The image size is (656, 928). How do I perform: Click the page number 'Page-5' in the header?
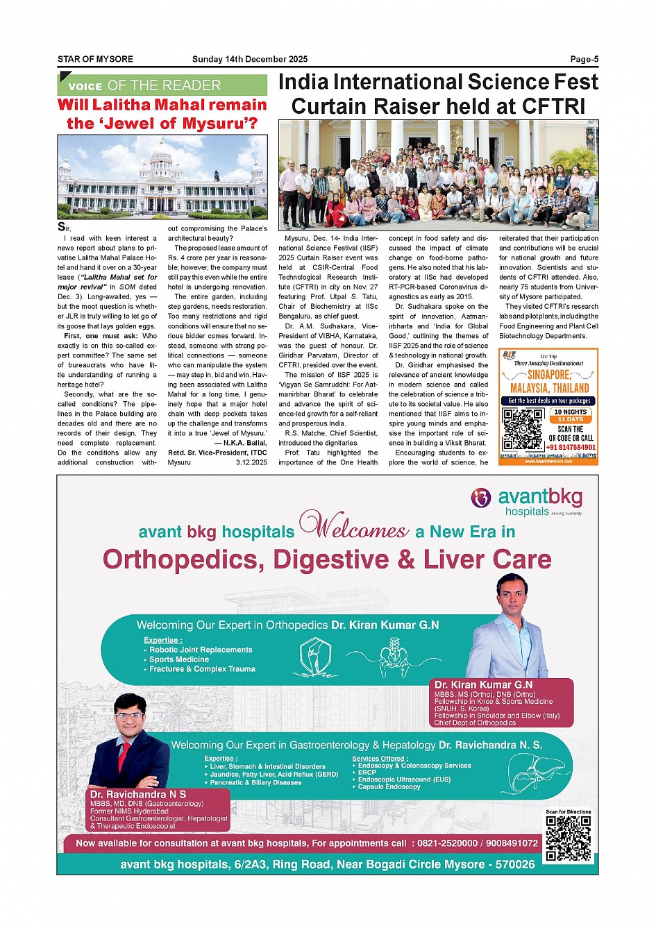click(x=584, y=60)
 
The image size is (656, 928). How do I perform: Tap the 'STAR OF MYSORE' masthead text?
click(x=95, y=60)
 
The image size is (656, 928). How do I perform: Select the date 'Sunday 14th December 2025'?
click(x=250, y=60)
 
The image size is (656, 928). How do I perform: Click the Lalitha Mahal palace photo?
click(x=162, y=176)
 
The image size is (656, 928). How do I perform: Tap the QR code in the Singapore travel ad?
click(x=522, y=428)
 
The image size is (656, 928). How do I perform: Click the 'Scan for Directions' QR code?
click(x=568, y=838)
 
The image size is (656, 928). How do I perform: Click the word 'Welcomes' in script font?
click(x=355, y=526)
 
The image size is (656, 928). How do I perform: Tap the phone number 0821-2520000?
click(x=447, y=843)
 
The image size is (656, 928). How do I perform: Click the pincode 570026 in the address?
click(x=514, y=865)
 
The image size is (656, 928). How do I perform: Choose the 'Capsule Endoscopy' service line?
click(x=389, y=787)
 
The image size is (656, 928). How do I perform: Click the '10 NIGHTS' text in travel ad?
click(x=571, y=412)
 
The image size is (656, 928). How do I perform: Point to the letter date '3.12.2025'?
click(x=251, y=462)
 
